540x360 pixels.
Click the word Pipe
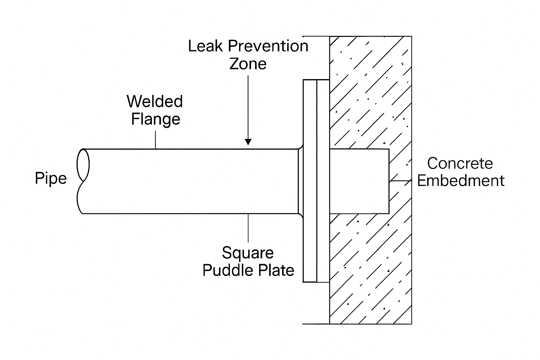[x=51, y=179]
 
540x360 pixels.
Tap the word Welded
[x=155, y=102]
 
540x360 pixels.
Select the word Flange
[x=155, y=119]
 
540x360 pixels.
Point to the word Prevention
[x=268, y=46]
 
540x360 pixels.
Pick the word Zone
[x=248, y=64]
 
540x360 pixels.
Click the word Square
[x=248, y=253]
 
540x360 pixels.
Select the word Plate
[x=276, y=270]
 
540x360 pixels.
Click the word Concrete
[x=460, y=163]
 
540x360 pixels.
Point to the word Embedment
[x=461, y=181]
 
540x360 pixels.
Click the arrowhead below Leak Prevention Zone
[x=248, y=142]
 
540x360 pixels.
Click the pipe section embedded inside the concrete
[x=359, y=181]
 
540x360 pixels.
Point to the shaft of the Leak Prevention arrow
[x=248, y=105]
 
